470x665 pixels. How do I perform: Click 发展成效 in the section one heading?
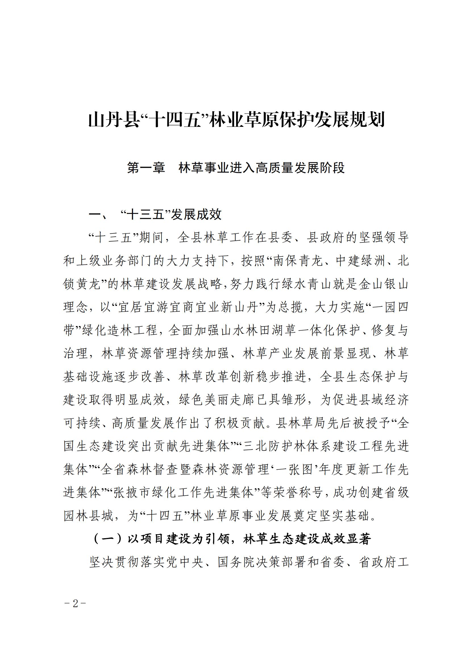pos(197,215)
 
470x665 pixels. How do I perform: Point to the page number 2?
pos(76,604)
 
